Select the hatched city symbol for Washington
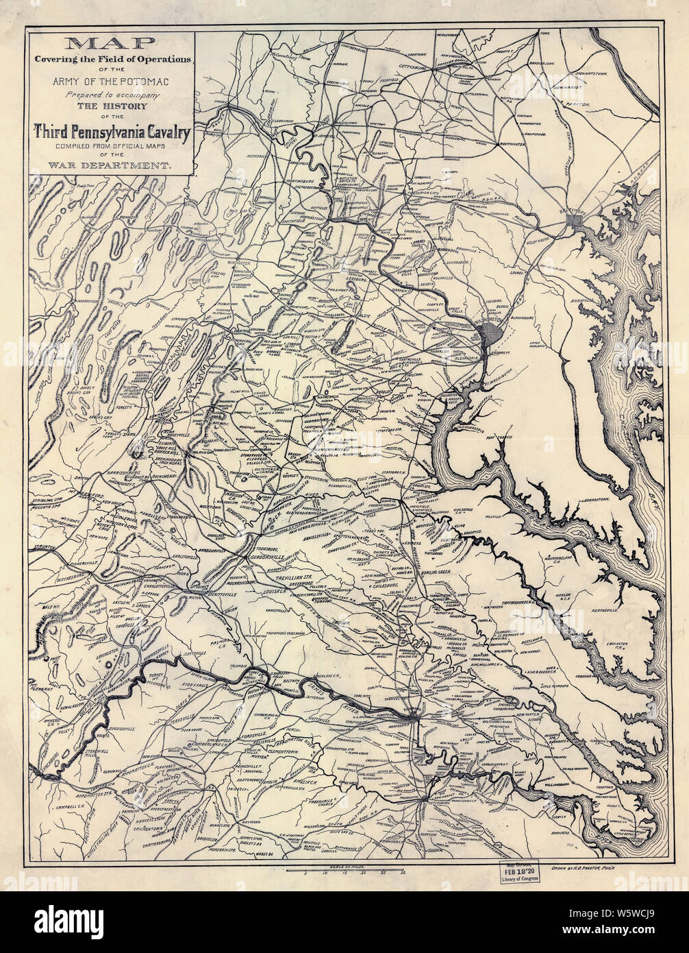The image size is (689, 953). point(490,335)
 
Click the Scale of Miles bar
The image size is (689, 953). point(349,871)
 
